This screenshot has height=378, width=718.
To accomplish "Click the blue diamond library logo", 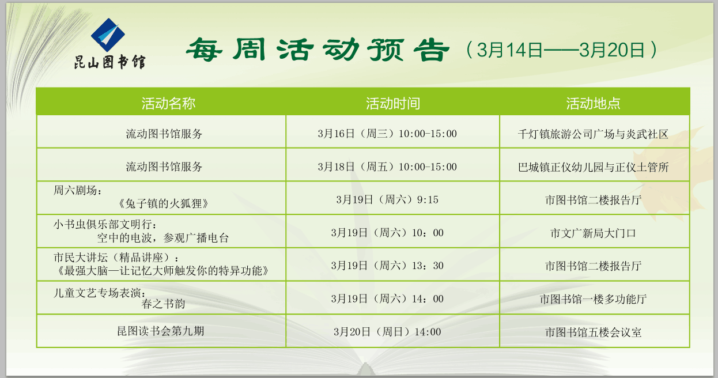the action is click(108, 35).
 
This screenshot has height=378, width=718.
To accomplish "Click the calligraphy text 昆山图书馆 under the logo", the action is click(109, 62).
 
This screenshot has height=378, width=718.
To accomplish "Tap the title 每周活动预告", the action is click(318, 50).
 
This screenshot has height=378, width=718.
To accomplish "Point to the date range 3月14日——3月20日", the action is click(561, 50).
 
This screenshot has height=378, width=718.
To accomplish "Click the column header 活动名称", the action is click(169, 103).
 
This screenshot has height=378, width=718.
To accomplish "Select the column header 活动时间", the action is click(393, 103).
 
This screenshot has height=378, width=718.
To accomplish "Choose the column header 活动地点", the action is click(594, 103).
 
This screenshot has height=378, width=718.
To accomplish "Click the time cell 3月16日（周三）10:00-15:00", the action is click(387, 133).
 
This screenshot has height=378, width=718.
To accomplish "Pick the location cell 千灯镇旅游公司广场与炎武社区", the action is click(593, 134).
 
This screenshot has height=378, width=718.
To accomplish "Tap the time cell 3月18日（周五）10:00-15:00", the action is click(387, 167).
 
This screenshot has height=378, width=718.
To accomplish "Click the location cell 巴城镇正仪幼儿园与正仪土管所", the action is click(594, 167).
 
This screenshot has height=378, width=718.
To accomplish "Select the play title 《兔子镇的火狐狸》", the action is click(164, 203).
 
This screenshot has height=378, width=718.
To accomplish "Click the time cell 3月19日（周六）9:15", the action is click(387, 200).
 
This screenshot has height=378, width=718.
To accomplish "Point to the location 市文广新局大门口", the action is click(593, 233).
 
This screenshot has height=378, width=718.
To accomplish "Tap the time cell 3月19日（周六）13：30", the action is click(387, 266).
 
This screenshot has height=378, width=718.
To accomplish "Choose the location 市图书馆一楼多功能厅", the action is click(594, 299).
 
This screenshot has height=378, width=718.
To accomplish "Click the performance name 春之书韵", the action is click(163, 304).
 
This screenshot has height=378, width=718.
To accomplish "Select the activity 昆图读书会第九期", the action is click(161, 331).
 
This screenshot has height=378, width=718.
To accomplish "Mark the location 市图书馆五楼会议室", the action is click(594, 332).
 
